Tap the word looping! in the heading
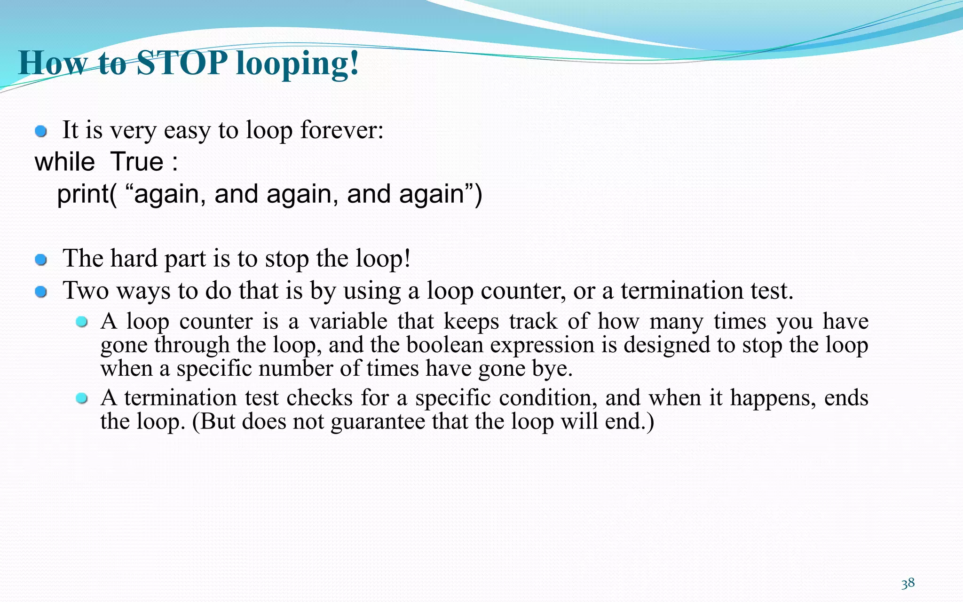pyautogui.click(x=297, y=64)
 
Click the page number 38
pyautogui.click(x=908, y=584)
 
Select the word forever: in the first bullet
pyautogui.click(x=342, y=130)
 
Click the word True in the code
pyautogui.click(x=137, y=162)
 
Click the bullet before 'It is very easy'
pyautogui.click(x=41, y=131)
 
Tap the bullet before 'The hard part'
pyautogui.click(x=41, y=260)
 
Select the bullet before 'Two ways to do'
pyautogui.click(x=41, y=292)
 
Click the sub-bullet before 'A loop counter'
pyautogui.click(x=82, y=322)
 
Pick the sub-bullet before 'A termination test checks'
pyautogui.click(x=82, y=399)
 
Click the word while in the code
pyautogui.click(x=65, y=162)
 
